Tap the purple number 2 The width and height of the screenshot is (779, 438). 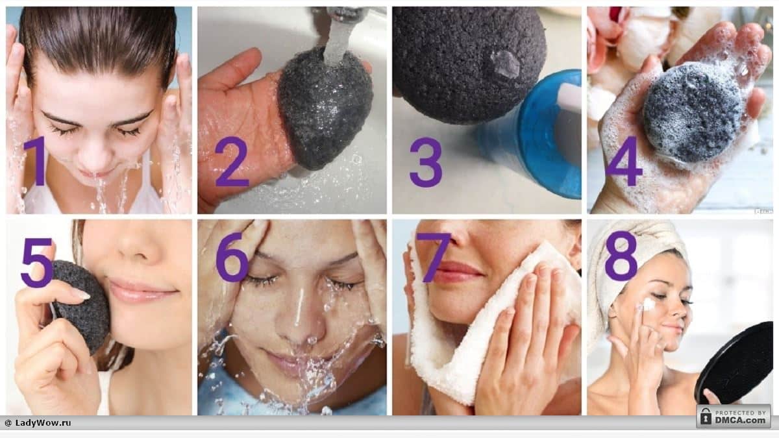pos(232,162)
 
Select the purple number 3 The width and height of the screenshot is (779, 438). pos(426,162)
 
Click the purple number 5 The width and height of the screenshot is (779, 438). pos(36,262)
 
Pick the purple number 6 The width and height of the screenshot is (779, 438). pos(232,256)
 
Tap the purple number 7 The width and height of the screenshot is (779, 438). pos(434,257)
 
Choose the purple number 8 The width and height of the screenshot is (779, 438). pos(621,256)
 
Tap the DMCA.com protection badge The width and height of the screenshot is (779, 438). pos(734,416)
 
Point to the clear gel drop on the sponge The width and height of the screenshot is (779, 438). pos(505,63)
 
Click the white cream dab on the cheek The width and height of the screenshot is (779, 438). pos(649,304)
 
